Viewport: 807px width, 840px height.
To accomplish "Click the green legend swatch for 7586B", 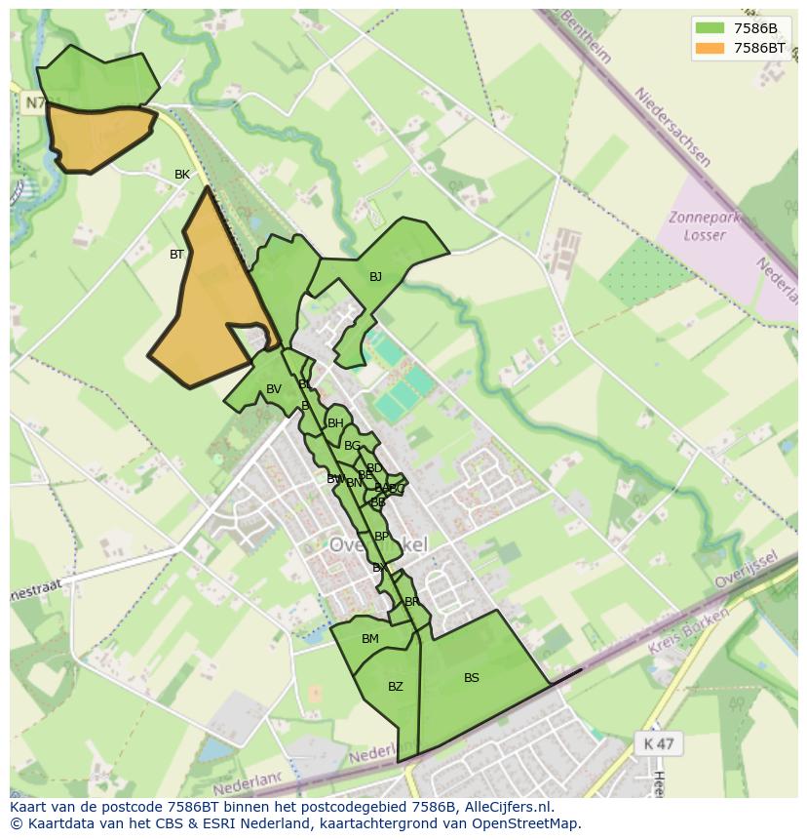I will tap(709, 27).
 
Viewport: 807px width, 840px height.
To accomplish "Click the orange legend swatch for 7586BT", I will tap(709, 47).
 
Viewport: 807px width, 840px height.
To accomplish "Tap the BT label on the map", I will tap(176, 255).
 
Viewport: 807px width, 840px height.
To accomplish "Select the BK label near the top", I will tap(182, 175).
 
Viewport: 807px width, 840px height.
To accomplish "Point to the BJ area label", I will tap(375, 277).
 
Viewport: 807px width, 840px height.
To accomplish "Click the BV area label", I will tap(274, 389).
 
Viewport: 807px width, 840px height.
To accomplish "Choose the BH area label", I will tap(335, 423).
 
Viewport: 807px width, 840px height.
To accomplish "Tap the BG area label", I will tap(352, 446).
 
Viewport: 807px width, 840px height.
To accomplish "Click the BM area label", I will tap(370, 639).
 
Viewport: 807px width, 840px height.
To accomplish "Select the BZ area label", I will tap(395, 687).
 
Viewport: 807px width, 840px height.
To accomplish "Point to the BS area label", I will tap(472, 678).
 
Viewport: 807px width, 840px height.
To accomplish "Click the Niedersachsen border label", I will tap(672, 127).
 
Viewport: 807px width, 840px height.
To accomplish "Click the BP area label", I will tap(381, 537).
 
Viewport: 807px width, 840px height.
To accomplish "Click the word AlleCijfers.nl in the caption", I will tap(507, 807).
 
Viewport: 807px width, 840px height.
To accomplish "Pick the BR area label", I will tap(411, 602).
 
